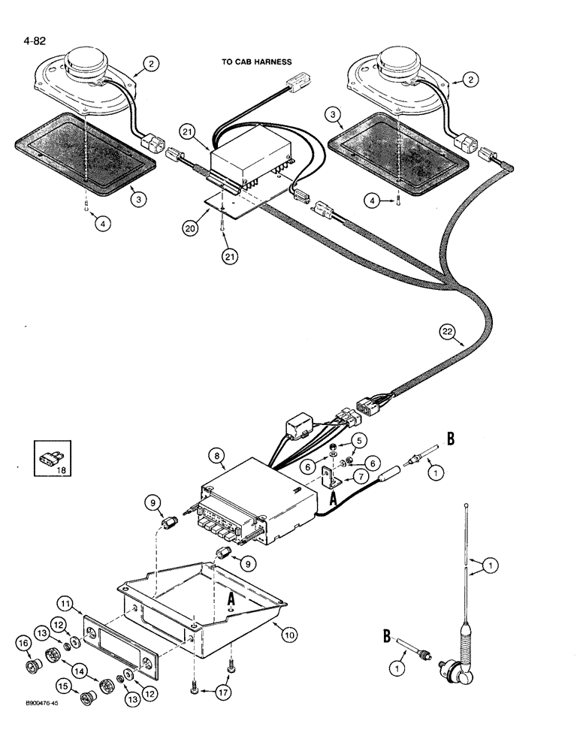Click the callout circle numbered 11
click(x=65, y=603)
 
